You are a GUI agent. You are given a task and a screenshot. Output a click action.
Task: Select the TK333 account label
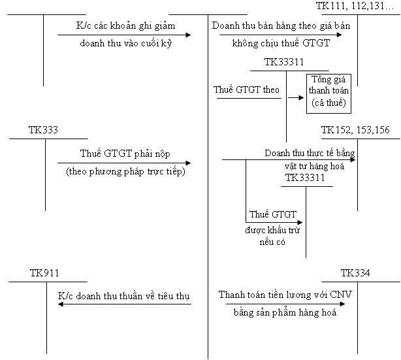(44, 129)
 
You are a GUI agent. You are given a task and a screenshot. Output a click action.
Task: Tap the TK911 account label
(44, 273)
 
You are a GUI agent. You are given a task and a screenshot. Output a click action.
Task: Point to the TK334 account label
(355, 273)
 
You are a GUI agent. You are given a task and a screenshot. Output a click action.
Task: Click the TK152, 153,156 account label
(355, 129)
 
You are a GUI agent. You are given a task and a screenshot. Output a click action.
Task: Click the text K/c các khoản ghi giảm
(125, 27)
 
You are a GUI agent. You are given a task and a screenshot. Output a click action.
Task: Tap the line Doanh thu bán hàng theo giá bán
(278, 27)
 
